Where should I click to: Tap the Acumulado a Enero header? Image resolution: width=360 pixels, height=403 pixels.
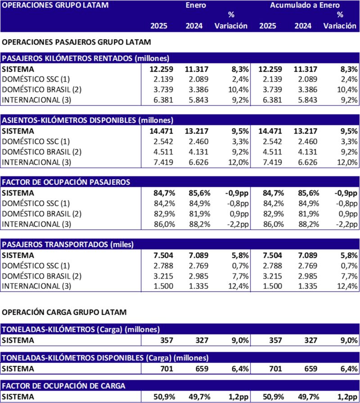pyautogui.click(x=306, y=6)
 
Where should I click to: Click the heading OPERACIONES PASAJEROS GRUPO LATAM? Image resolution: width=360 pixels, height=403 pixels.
pyautogui.click(x=76, y=42)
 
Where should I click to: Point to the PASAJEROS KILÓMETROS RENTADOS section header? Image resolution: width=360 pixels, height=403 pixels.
pyautogui.click(x=85, y=58)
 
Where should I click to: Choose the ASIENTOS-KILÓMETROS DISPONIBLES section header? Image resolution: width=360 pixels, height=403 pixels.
pyautogui.click(x=88, y=120)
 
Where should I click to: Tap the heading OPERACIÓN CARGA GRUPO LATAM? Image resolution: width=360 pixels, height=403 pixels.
pyautogui.click(x=64, y=312)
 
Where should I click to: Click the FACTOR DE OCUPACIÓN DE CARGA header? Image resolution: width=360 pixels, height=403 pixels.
pyautogui.click(x=64, y=386)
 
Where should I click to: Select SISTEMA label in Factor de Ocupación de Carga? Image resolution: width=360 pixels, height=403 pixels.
pyautogui.click(x=18, y=396)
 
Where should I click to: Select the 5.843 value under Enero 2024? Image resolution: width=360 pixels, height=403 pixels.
pyautogui.click(x=197, y=100)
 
